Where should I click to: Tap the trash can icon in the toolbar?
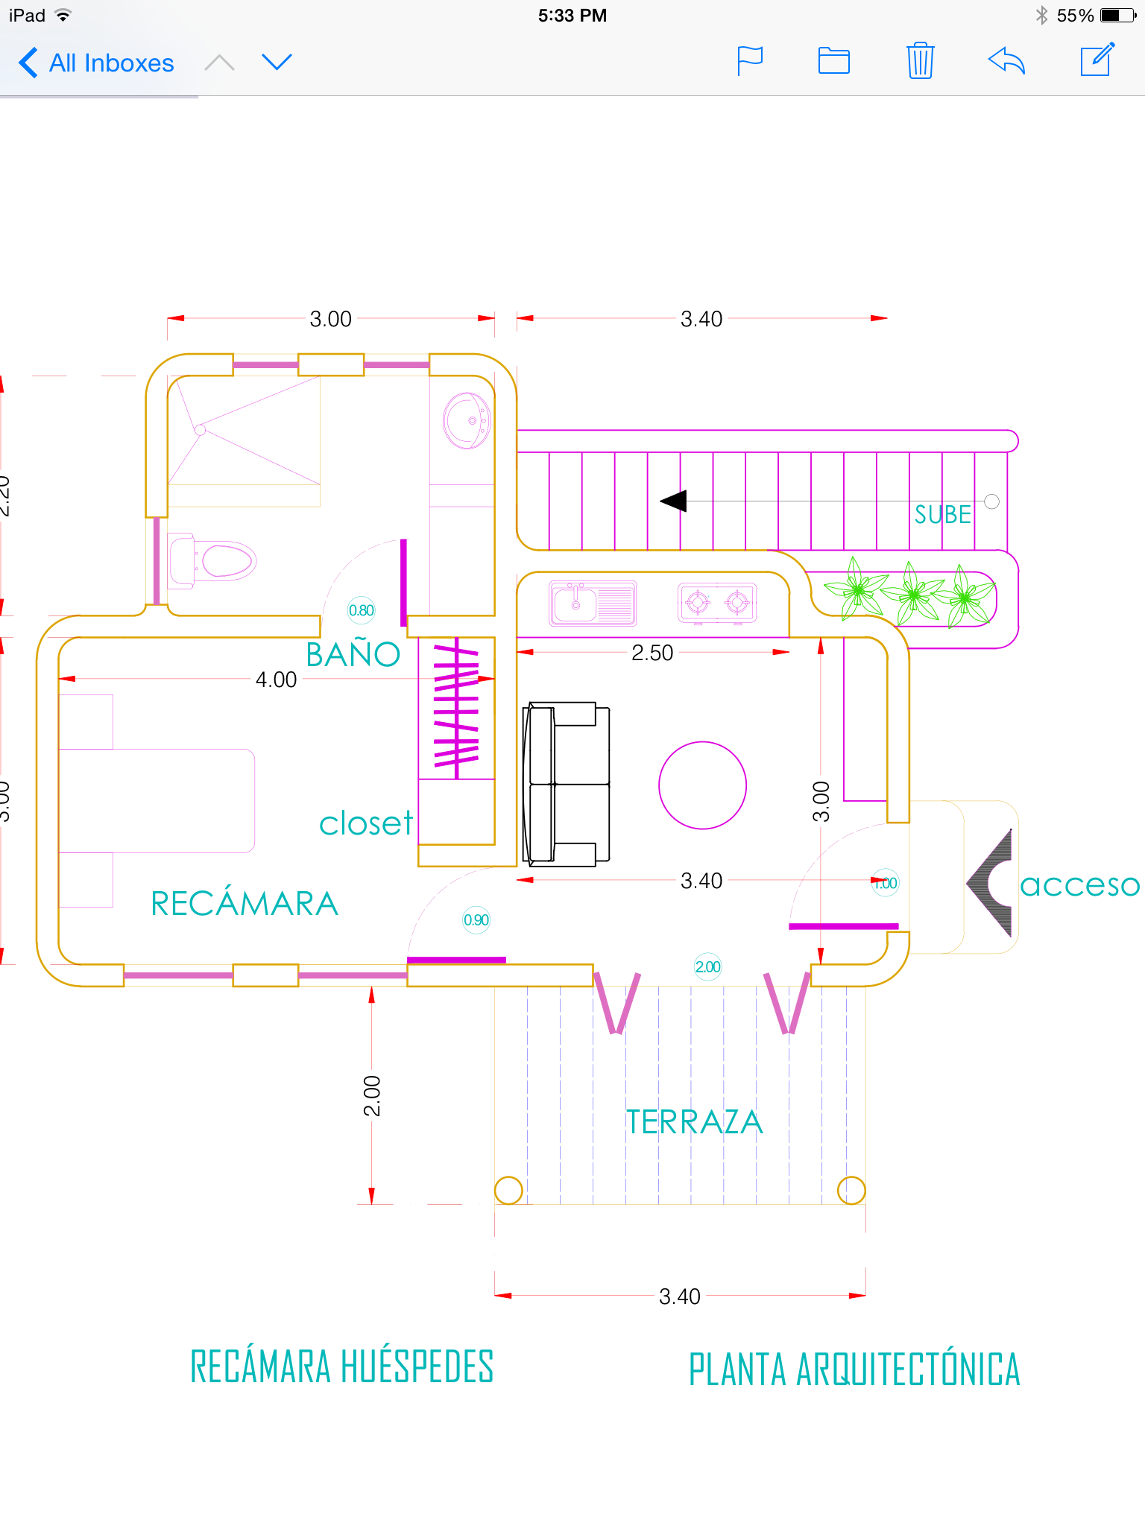[920, 60]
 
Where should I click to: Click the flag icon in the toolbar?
[749, 60]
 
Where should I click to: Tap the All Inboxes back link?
[97, 63]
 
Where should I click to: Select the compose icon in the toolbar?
[1097, 60]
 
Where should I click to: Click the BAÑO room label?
[353, 654]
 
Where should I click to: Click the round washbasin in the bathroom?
[467, 421]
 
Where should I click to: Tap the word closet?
[365, 824]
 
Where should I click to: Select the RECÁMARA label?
[245, 904]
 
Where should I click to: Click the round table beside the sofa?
[702, 785]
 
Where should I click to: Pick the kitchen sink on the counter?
[593, 603]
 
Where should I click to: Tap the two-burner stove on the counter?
[717, 602]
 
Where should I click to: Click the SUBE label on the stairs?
[942, 515]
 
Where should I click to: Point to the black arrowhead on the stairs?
[674, 501]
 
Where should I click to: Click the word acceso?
[1079, 885]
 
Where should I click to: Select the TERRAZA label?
[694, 1122]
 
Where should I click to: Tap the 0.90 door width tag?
[476, 920]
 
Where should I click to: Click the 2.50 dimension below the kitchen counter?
[652, 653]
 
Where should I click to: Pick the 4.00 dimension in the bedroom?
[276, 680]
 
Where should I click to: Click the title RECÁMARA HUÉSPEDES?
[342, 1367]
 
